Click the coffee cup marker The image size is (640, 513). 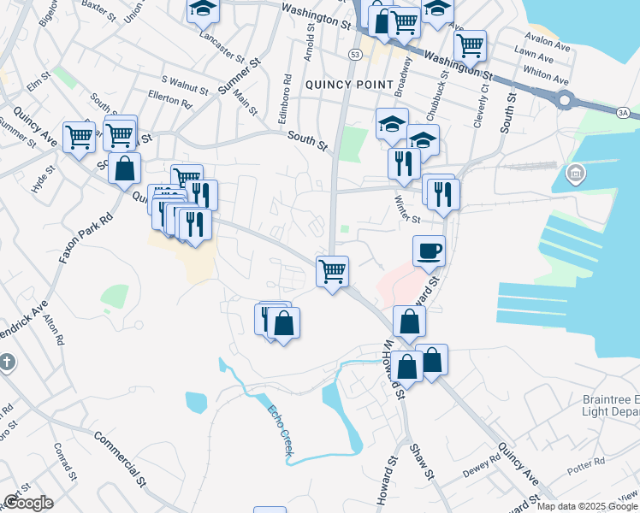tap(429, 251)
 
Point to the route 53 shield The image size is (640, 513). tap(353, 55)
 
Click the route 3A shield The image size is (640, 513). tap(623, 111)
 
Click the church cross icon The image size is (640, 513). tap(5, 363)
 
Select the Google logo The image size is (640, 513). tap(28, 503)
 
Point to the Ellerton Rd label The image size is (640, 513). tap(169, 99)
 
